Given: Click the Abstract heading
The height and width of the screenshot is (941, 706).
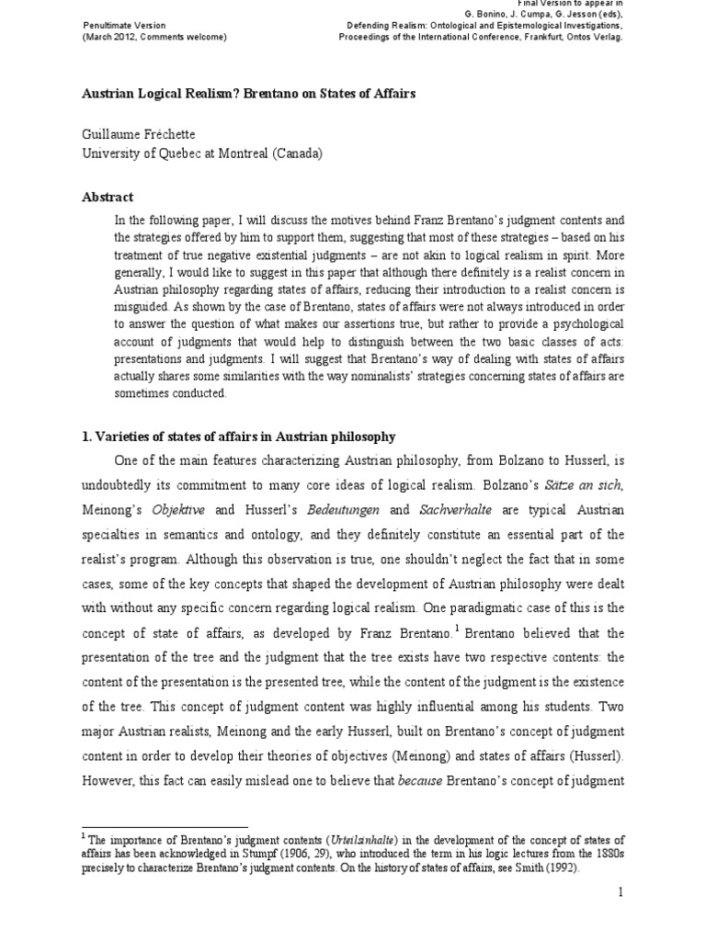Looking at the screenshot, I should click(108, 197).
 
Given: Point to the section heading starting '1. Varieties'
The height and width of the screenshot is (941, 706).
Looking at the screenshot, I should click(239, 436).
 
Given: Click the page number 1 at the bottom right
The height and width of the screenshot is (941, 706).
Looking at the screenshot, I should click(620, 892).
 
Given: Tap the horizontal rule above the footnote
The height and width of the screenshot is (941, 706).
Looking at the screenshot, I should click(165, 827).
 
